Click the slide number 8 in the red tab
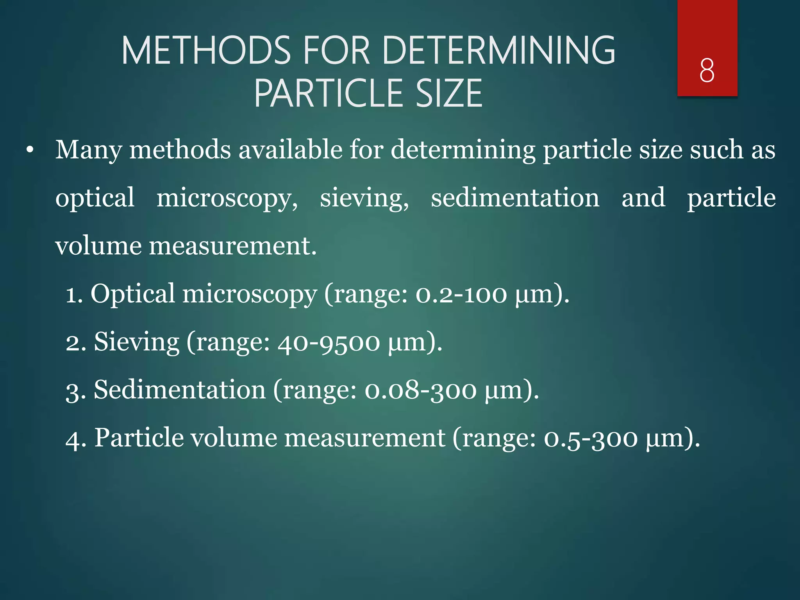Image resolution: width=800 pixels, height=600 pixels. click(x=707, y=70)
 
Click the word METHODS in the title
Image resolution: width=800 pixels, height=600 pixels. click(x=206, y=51)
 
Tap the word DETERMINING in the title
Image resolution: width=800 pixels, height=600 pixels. click(x=499, y=51)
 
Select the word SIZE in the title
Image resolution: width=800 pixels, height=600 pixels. click(x=449, y=93)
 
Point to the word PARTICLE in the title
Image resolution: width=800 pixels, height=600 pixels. click(x=329, y=93)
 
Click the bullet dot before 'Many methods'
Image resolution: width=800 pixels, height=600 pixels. click(x=30, y=150)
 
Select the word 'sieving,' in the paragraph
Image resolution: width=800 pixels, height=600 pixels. click(x=364, y=198)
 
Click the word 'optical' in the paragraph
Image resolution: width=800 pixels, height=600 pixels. click(x=95, y=198)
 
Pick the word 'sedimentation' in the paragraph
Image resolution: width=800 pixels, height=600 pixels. click(x=515, y=198)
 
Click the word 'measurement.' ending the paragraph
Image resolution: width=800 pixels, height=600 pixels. click(x=233, y=246)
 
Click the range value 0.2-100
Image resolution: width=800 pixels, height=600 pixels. click(x=461, y=295)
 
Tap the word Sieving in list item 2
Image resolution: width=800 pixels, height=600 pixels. click(x=136, y=342)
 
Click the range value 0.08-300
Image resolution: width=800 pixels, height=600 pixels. click(x=420, y=391)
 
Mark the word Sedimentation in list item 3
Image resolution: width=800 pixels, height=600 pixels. click(x=180, y=390)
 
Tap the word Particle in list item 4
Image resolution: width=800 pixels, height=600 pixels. click(x=139, y=438)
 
